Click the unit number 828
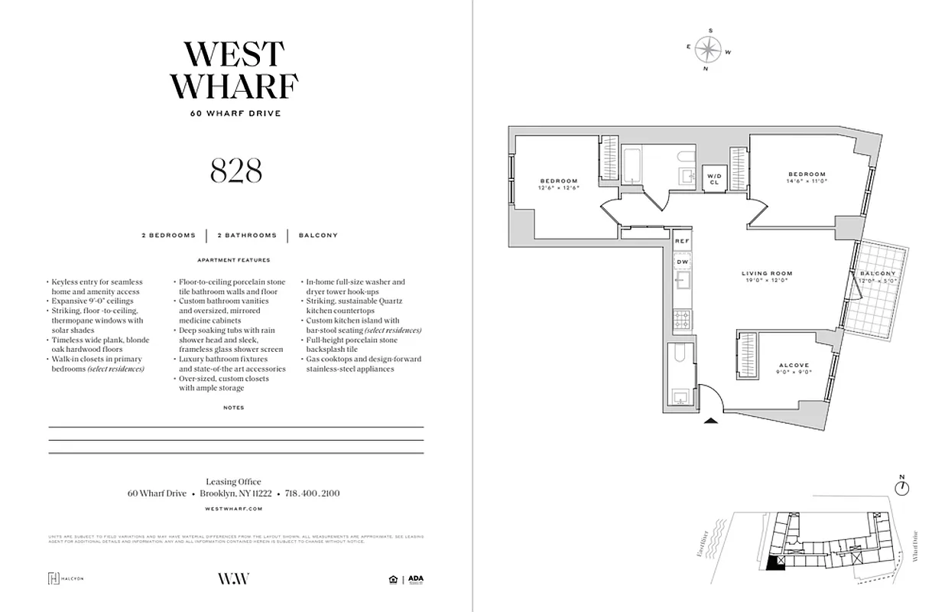click(x=235, y=171)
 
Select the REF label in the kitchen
click(x=683, y=241)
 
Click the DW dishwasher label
click(x=683, y=262)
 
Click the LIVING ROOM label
click(x=766, y=273)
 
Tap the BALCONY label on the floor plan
click(x=878, y=273)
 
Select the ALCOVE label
click(x=794, y=366)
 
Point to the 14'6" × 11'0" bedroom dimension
click(x=807, y=181)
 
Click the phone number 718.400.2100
click(x=312, y=493)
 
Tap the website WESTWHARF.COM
click(x=235, y=508)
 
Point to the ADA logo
click(x=415, y=579)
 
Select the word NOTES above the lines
click(x=234, y=408)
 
